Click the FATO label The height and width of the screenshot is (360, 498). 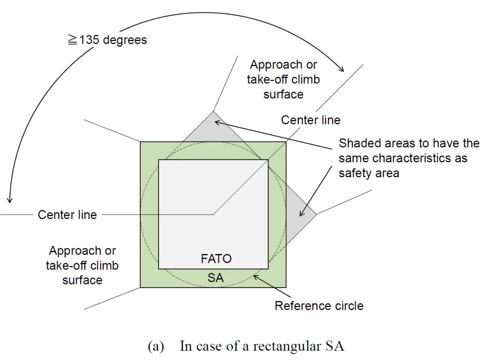point(216,259)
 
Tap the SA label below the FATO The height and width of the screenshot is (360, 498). point(216,277)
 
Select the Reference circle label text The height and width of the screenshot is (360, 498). point(319,306)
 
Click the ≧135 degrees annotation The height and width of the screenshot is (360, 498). point(107,40)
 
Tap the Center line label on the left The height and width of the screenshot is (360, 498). point(67,215)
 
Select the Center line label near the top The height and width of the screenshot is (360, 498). point(310,120)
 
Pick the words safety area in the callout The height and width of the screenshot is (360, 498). point(369,174)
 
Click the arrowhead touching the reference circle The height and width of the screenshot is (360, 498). point(255,277)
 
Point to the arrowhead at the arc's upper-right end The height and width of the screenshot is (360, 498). point(342,70)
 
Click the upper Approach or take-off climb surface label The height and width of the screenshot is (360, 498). point(283,79)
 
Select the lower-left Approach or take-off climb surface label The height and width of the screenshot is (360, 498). point(82,266)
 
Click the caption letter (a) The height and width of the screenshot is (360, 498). point(155,346)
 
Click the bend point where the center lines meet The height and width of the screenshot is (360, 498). point(213,214)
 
